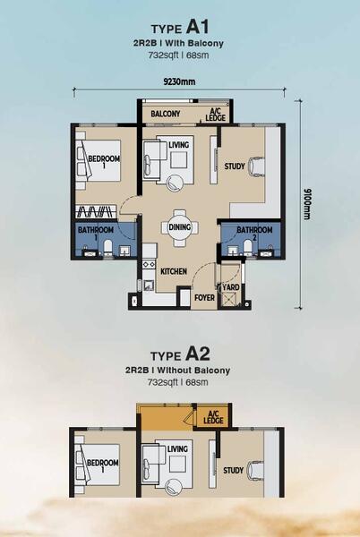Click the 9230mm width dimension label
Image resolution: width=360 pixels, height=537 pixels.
coord(179,81)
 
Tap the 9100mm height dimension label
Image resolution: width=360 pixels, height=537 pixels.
coord(306,204)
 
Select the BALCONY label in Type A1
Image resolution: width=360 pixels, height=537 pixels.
coord(166,114)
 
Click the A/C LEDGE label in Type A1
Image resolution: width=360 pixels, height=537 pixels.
coord(216,115)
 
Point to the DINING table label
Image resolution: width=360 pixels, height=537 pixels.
coord(179,226)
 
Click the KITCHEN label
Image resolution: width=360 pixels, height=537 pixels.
coord(174,271)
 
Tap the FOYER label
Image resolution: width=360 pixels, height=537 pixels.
coord(204,298)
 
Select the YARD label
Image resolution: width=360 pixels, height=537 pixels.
coord(231,287)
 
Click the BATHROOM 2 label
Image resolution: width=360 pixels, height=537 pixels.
coord(254,233)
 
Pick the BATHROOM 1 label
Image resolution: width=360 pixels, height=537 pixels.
coord(96,233)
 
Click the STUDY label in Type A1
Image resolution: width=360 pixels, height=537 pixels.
coord(235,166)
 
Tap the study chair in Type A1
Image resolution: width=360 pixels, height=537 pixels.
coord(256,166)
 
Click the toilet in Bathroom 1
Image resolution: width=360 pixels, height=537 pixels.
coord(107,248)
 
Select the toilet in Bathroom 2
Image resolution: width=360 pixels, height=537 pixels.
coord(248,247)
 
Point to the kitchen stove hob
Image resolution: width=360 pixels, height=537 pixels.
coord(149,264)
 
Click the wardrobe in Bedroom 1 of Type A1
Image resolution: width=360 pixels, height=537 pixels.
coord(96,211)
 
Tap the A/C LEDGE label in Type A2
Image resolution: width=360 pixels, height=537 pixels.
coord(213,417)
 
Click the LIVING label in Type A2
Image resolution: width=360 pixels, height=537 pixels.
coord(177,448)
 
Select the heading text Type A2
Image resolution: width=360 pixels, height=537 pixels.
coord(180,354)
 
